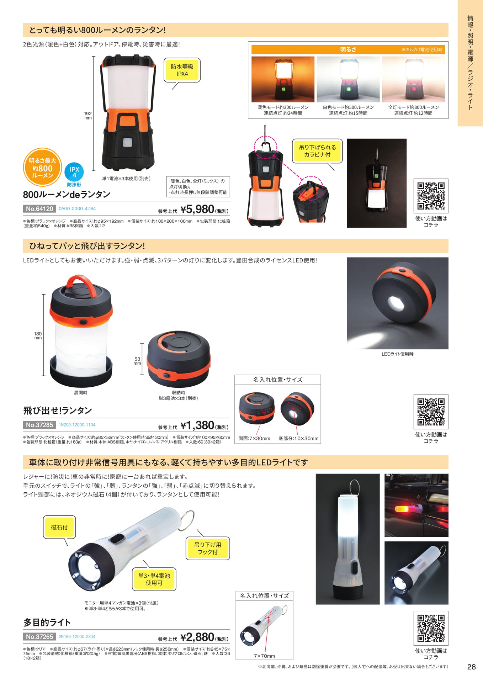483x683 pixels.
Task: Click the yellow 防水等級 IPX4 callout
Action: pos(182,70)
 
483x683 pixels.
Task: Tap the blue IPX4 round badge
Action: pos(74,172)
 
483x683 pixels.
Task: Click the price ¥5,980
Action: pos(197,209)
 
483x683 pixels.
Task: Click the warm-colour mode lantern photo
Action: pos(283,79)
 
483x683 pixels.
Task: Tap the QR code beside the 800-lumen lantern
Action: pos(431,196)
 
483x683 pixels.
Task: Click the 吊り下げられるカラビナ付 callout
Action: pos(317,151)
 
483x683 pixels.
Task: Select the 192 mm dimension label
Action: pos(88,116)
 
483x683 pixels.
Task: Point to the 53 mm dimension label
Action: pos(137,361)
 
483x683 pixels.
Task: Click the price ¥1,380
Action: pos(197,425)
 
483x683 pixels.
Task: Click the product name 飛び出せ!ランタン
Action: pos(58,411)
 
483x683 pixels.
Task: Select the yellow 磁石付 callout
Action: pos(59,527)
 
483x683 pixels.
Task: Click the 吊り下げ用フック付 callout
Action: pos(208,548)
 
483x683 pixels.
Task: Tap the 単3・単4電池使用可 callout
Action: pos(154,579)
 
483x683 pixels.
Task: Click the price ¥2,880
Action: pos(197,637)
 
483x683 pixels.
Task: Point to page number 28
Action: pos(471,667)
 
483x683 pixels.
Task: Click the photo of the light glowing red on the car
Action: pos(416,505)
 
